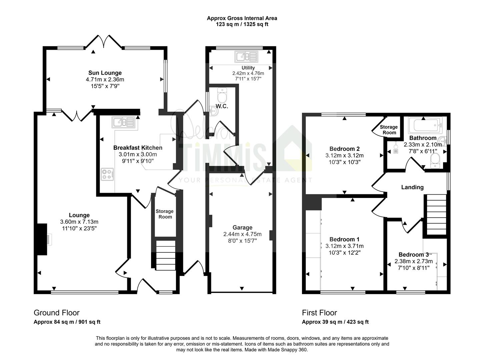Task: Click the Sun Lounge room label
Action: coord(105,73)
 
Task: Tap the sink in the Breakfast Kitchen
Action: coord(124,122)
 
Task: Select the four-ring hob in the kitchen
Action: coord(107,174)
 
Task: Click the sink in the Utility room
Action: coord(246,57)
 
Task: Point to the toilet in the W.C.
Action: coord(222,95)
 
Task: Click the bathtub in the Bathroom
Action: coord(425,125)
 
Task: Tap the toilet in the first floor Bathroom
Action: coord(435,160)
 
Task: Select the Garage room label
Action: coord(242,227)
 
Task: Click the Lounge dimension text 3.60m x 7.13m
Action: coord(79,222)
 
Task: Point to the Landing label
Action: coord(412,187)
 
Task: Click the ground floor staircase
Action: coord(166,255)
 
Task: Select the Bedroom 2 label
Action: coord(345,149)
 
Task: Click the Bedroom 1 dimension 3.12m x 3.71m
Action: coord(345,246)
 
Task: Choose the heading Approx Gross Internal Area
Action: coord(242,18)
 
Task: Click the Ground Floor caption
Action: coord(57,313)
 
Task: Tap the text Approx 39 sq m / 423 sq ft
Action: coord(335,322)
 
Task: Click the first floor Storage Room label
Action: coord(389,130)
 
